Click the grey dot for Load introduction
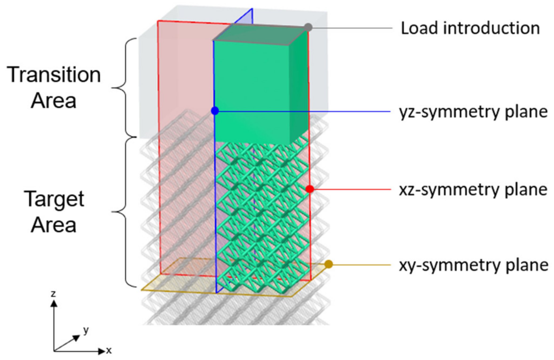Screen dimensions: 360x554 pos(308,27)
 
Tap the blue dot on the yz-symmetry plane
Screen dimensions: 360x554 pos(215,111)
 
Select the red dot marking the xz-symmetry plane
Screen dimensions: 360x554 pos(310,189)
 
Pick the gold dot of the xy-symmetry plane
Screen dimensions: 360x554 pos(329,264)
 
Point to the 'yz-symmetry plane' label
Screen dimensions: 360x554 pos(473,112)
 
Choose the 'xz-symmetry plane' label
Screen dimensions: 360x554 pos(473,190)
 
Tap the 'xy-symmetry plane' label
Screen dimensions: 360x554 pos(473,265)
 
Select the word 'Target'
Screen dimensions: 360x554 pos(54,199)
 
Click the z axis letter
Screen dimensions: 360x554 pos(53,294)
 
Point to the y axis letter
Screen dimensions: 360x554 pos(86,330)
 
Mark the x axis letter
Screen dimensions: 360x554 pos(109,350)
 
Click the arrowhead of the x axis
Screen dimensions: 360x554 pos(102,351)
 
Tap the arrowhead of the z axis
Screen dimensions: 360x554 pos(54,303)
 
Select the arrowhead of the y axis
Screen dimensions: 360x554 pos(76,338)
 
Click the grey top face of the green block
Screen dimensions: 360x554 pos(260,33)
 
